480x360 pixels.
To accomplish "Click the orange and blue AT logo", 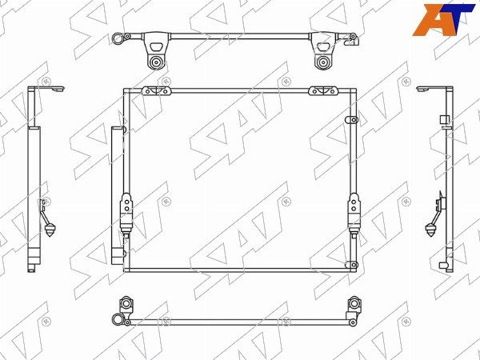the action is [x=443, y=19].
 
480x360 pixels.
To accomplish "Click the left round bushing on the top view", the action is [x=156, y=62].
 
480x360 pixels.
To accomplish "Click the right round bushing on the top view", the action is [x=322, y=62].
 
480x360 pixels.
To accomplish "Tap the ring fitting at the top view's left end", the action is [x=117, y=38].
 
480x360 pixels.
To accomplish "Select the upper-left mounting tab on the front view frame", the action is [x=156, y=90].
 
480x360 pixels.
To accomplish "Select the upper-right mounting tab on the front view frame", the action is [x=324, y=90].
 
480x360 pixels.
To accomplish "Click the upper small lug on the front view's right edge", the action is [x=351, y=119].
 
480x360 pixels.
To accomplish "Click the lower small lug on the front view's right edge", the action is [x=351, y=265].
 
